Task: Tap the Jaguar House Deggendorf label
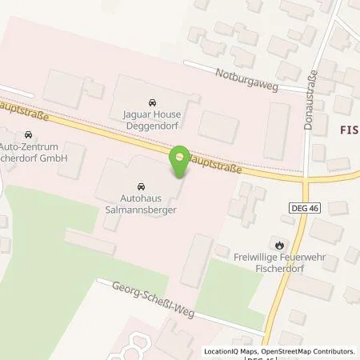point(152,121)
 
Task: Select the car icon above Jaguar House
point(152,103)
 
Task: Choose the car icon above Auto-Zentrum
point(30,135)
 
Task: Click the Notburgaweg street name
point(246,78)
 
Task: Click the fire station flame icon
point(278,246)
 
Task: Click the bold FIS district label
point(343,128)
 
